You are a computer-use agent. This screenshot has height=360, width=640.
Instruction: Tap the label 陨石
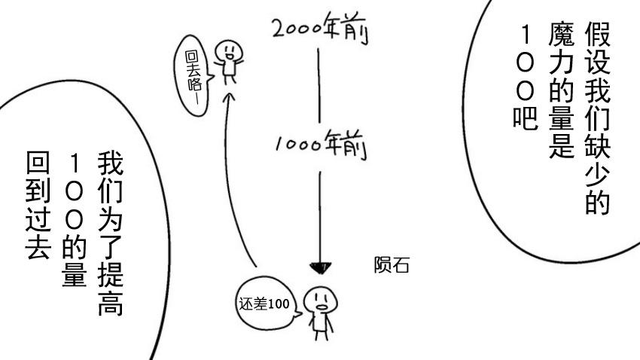tap(392, 266)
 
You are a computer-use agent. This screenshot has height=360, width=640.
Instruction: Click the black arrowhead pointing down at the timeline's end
tap(321, 268)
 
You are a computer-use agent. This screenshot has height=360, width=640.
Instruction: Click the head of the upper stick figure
tap(225, 50)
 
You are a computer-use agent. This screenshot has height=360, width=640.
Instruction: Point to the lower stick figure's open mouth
tap(322, 306)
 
